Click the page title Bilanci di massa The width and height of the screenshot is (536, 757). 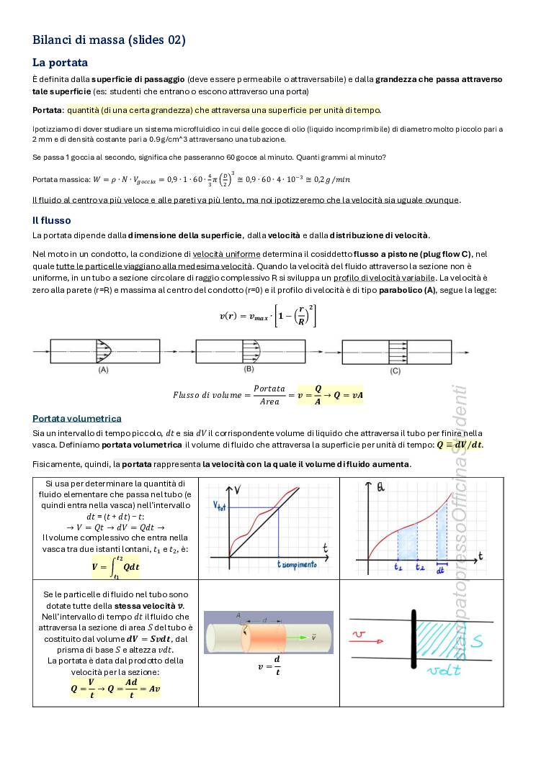point(109,40)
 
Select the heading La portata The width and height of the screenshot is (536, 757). point(60,63)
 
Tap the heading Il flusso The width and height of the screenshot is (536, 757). point(52,220)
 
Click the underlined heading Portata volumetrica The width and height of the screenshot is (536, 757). point(77,418)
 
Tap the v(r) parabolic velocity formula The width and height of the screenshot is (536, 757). point(267,314)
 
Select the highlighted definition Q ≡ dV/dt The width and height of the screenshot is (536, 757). point(460,445)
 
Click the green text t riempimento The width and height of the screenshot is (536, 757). point(297,565)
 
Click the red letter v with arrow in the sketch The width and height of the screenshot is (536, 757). point(362,634)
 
